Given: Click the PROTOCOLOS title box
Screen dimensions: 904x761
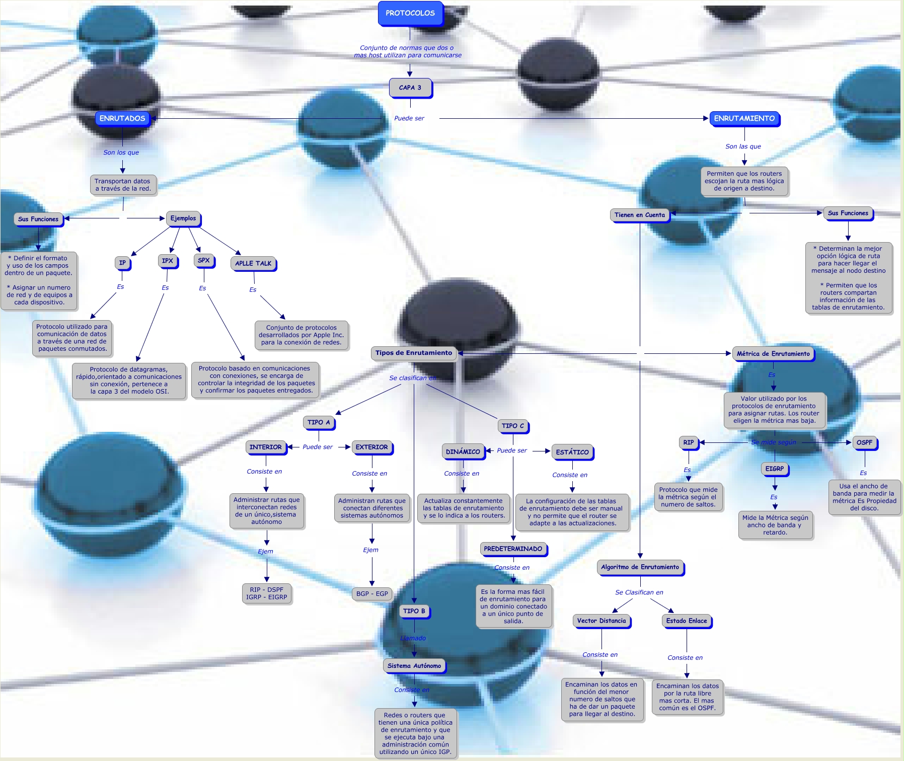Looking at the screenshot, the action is (x=410, y=13).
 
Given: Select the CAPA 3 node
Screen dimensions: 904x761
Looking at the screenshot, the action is (x=410, y=88).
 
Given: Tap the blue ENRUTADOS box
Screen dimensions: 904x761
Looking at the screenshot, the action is (x=122, y=118).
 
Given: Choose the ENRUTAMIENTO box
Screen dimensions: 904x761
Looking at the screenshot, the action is (x=744, y=118).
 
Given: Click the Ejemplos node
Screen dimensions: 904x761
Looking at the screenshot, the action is (x=183, y=218).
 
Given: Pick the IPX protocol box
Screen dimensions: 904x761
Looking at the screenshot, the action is (x=168, y=261).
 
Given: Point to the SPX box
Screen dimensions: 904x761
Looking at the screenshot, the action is (x=204, y=261).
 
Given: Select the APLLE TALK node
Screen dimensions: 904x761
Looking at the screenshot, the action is (x=253, y=263).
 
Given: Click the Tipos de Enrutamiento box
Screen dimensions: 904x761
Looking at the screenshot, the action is (x=414, y=353).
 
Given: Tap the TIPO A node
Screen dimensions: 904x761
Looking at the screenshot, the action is (x=319, y=423).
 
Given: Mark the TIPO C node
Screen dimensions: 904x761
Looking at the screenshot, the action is (x=513, y=426).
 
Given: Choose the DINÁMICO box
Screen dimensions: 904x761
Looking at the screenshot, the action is (x=463, y=452).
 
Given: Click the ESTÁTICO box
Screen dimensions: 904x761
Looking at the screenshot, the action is (x=572, y=452).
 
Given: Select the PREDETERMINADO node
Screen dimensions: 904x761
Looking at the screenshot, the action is (x=513, y=549).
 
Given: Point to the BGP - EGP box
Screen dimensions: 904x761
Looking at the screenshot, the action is (x=372, y=594).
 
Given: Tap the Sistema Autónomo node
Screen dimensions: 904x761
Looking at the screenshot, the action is (x=414, y=666).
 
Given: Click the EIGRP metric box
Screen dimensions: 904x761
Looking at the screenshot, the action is (x=775, y=469).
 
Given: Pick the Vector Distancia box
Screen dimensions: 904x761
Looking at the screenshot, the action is (x=601, y=621).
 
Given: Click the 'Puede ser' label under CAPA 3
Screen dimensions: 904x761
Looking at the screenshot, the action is (x=409, y=118).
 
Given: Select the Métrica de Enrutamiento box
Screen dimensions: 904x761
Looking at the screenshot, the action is (x=774, y=354).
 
